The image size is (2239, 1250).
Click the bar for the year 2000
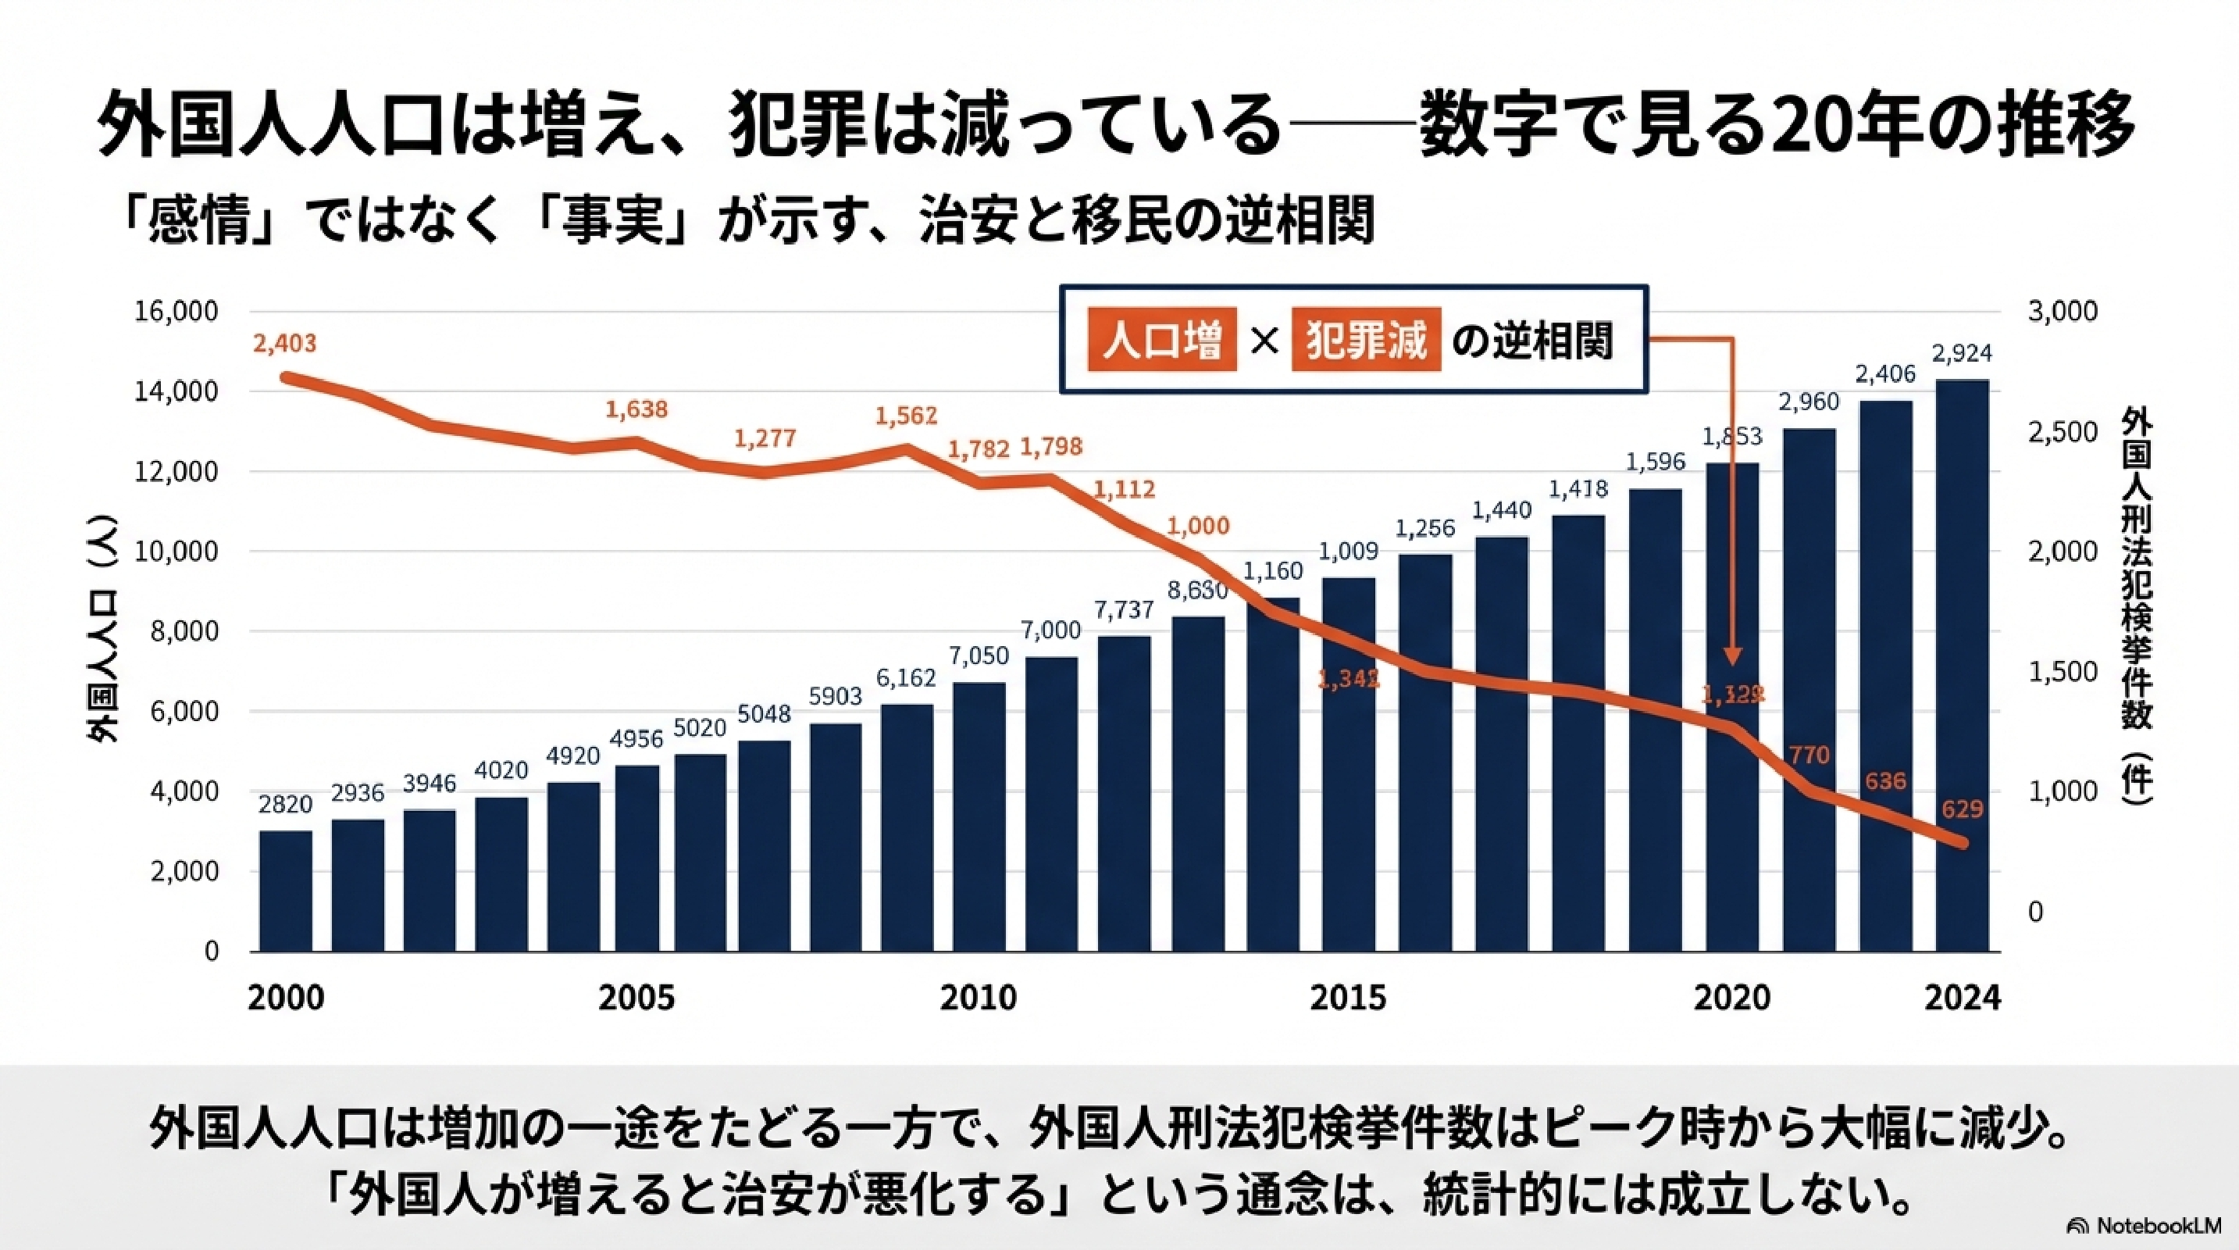[285, 890]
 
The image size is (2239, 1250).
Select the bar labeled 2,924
[1962, 665]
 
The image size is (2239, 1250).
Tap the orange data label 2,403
[285, 343]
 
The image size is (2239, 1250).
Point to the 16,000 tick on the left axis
[176, 311]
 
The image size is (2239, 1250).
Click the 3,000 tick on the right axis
[2063, 311]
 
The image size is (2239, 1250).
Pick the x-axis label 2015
[1347, 997]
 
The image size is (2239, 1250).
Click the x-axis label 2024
[1962, 997]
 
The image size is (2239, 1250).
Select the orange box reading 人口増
[1161, 340]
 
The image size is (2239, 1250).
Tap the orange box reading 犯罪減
[1365, 340]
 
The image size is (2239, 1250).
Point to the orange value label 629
[1962, 810]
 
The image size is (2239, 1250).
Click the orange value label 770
[1809, 755]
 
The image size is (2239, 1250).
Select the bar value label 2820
[285, 804]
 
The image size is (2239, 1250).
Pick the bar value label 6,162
[906, 678]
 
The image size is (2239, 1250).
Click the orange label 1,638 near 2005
[636, 409]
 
